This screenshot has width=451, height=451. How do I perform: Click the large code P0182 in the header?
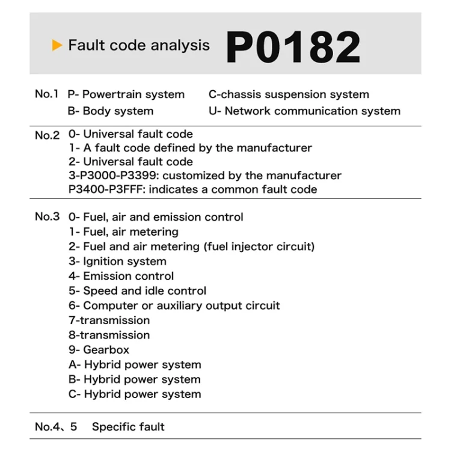(293, 47)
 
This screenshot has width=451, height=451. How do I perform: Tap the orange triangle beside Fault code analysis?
(57, 45)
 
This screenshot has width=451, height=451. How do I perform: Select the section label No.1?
(47, 94)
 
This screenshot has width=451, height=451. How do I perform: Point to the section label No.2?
(47, 135)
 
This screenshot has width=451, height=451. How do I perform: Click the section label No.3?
(47, 216)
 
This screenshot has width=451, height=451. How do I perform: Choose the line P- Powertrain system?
(126, 94)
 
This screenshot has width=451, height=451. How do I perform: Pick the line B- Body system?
(111, 111)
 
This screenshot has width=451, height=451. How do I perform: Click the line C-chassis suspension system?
(289, 94)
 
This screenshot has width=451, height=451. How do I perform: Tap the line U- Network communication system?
(304, 111)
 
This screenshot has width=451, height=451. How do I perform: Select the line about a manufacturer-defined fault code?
(190, 147)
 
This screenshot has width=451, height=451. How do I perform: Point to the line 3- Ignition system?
(117, 261)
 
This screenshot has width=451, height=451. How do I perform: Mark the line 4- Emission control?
(121, 276)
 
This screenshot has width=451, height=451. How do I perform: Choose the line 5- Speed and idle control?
(137, 290)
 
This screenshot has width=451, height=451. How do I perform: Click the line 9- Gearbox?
(99, 349)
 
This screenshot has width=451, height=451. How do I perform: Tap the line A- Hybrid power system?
(135, 364)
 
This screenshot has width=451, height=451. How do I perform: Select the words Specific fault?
(128, 427)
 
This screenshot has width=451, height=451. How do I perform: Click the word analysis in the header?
(180, 46)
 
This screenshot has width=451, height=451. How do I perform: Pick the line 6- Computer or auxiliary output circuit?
(174, 305)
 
